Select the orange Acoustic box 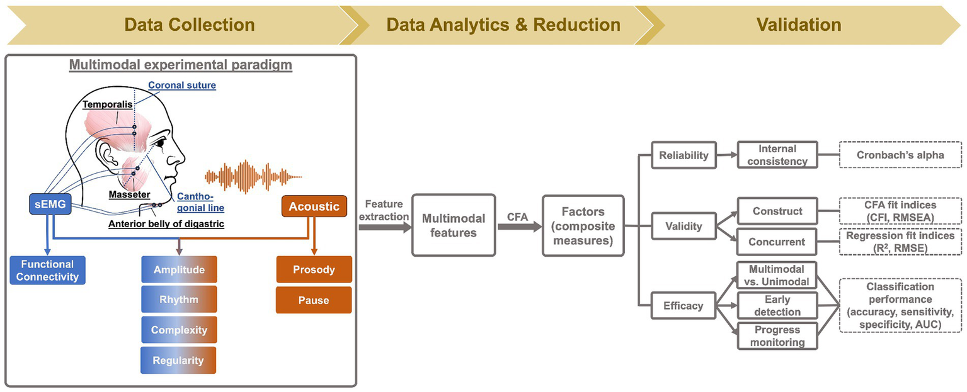coord(314,206)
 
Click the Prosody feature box coord(314,270)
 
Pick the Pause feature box coord(314,300)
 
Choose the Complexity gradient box coord(178,330)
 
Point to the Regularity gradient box coord(178,361)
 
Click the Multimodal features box coord(454,225)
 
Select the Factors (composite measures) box coord(583,225)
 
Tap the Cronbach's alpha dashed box coord(901,155)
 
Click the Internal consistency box coord(777,155)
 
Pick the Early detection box coord(777,306)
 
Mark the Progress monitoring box coord(777,336)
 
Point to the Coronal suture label coord(181,85)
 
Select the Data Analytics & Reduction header coord(503,25)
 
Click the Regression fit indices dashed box coord(901,242)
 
